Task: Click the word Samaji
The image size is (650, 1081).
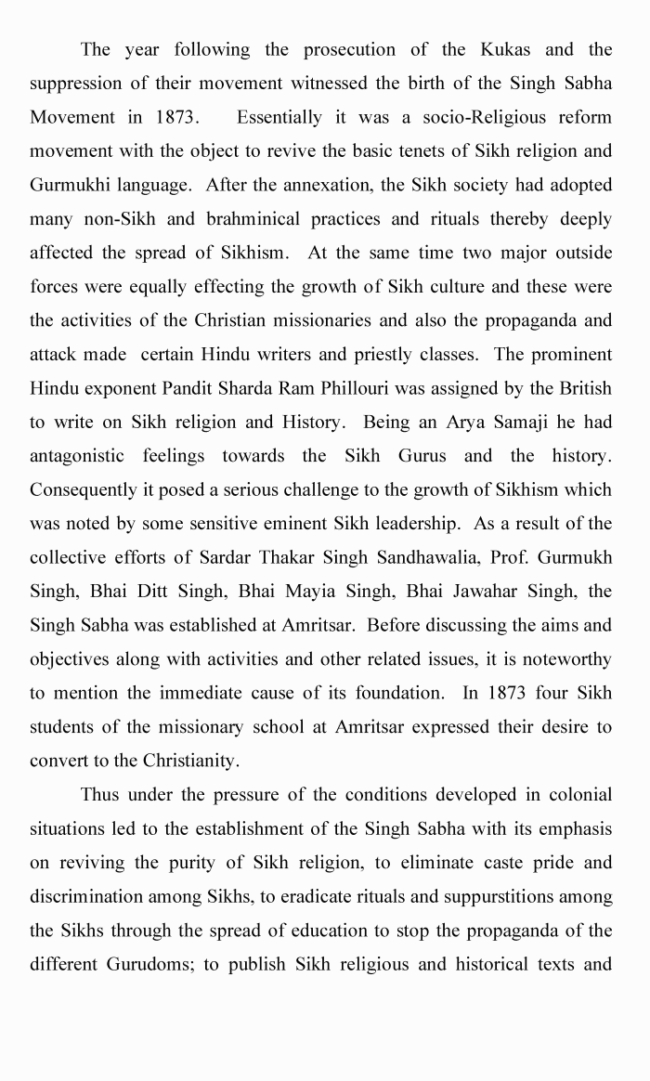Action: tap(518, 423)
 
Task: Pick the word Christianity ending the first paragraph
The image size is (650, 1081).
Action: tap(190, 762)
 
